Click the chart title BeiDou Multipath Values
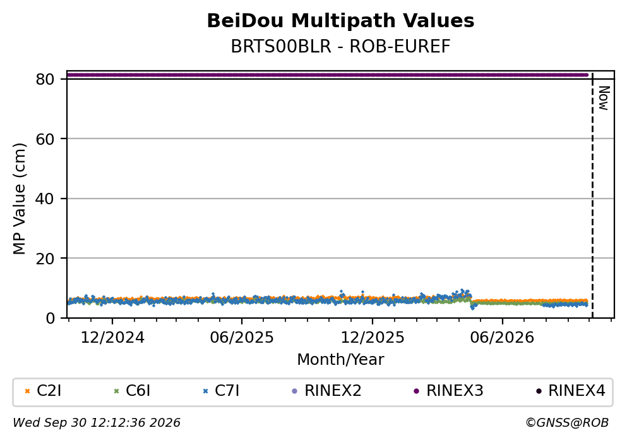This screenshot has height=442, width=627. click(x=340, y=21)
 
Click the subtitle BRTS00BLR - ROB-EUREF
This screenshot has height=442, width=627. click(x=340, y=47)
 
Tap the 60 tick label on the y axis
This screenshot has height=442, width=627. click(x=45, y=139)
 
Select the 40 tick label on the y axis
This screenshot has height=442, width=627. click(x=45, y=199)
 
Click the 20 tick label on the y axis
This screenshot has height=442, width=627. click(x=45, y=259)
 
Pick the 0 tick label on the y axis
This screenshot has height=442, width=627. click(x=50, y=318)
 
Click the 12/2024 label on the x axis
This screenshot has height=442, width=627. click(x=112, y=338)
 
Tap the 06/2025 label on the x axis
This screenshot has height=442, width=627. click(x=242, y=338)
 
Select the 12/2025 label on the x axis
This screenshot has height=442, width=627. click(x=373, y=338)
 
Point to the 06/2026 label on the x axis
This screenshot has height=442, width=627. click(x=502, y=338)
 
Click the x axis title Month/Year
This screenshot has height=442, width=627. click(x=340, y=360)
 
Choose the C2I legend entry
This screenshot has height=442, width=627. click(x=43, y=391)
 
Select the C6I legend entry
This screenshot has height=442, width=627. click(x=132, y=391)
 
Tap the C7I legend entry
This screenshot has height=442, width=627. click(x=221, y=391)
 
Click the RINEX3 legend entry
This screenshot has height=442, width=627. click(x=448, y=391)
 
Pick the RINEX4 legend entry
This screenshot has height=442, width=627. click(x=571, y=391)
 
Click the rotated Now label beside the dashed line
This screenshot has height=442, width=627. click(x=604, y=98)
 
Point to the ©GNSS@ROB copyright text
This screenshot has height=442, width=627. click(x=567, y=423)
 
